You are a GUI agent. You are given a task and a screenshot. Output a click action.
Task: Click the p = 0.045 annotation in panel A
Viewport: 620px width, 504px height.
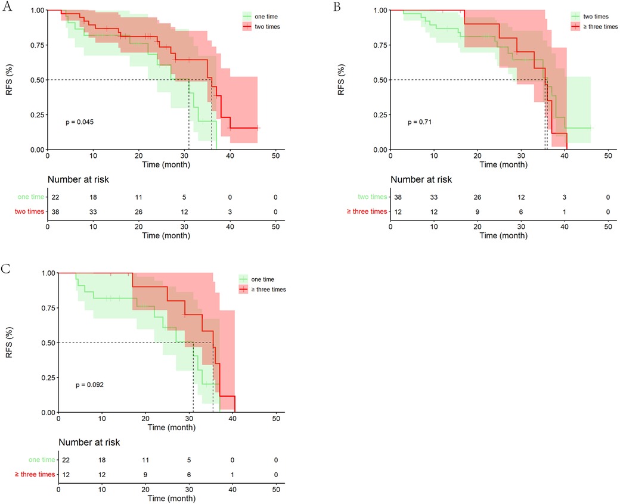(80, 122)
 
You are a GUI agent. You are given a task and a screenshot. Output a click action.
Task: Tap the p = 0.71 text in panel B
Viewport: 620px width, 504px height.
(420, 122)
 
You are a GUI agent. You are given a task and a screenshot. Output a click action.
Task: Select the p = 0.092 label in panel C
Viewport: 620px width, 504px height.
(90, 385)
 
